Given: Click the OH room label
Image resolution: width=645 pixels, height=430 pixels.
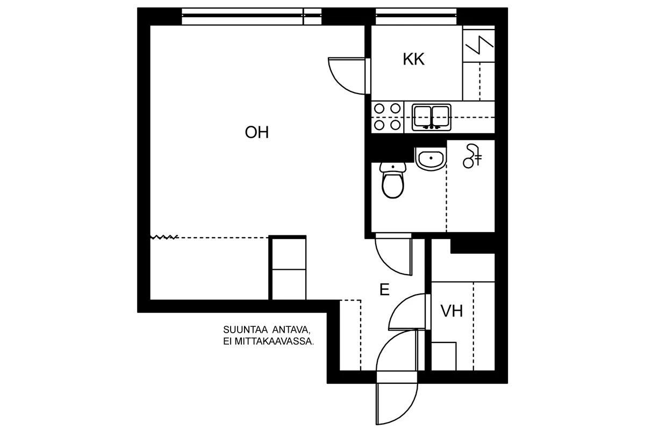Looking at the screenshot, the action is pyautogui.click(x=256, y=132).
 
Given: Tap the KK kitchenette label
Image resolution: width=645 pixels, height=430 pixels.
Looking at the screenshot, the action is pyautogui.click(x=413, y=59).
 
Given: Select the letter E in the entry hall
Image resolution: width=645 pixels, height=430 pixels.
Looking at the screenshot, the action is pyautogui.click(x=384, y=290).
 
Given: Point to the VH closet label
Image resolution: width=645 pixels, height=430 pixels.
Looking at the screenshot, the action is pyautogui.click(x=451, y=311).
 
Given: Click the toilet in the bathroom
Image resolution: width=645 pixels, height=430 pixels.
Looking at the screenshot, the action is pyautogui.click(x=393, y=180).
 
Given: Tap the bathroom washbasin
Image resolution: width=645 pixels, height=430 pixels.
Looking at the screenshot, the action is pyautogui.click(x=431, y=159).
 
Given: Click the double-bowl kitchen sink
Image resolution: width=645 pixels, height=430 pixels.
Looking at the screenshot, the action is pyautogui.click(x=431, y=118).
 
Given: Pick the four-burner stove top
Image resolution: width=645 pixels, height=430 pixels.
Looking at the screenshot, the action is pyautogui.click(x=388, y=117).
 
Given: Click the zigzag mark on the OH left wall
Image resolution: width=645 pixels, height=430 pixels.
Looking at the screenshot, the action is pyautogui.click(x=163, y=237).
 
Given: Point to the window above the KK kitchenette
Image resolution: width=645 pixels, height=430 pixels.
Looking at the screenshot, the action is pyautogui.click(x=416, y=17).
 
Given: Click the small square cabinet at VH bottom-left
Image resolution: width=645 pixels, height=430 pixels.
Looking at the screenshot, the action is pyautogui.click(x=444, y=356).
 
